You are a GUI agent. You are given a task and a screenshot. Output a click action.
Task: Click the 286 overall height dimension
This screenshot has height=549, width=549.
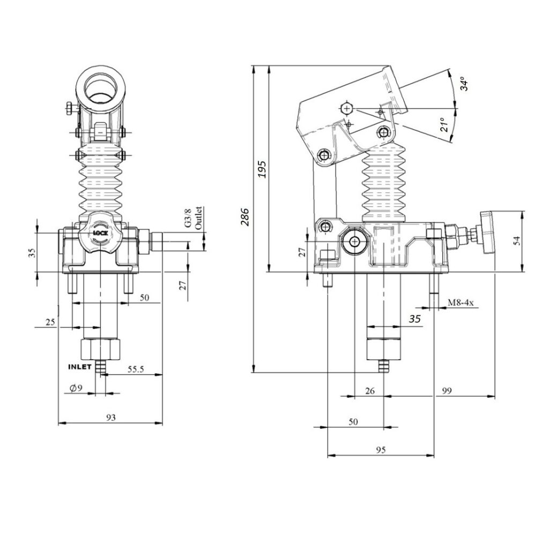pyautogui.click(x=244, y=217)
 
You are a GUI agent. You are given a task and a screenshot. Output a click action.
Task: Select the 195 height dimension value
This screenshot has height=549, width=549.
pyautogui.click(x=262, y=169)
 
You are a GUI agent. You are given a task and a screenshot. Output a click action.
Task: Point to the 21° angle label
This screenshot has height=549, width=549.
pyautogui.click(x=444, y=124)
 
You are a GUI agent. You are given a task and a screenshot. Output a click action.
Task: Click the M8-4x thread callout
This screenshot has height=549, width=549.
pyautogui.click(x=461, y=302)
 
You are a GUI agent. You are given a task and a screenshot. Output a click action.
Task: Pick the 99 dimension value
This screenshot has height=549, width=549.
pyautogui.click(x=447, y=390)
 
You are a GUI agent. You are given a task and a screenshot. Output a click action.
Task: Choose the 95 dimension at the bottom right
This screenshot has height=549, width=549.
pyautogui.click(x=381, y=450)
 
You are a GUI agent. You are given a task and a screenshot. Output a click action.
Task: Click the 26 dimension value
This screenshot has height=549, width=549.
pyautogui.click(x=370, y=390)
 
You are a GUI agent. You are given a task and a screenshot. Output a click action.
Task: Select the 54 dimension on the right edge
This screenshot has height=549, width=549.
pyautogui.click(x=516, y=241)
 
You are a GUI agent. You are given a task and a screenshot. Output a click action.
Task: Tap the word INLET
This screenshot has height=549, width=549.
pyautogui.click(x=79, y=367)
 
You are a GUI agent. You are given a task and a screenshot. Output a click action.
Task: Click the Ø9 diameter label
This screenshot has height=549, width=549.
pyautogui.click(x=76, y=388)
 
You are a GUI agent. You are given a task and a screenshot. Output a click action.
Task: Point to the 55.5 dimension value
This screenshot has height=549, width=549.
pyautogui.click(x=136, y=369)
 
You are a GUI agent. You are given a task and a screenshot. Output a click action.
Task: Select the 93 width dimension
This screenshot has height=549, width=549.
pyautogui.click(x=110, y=417)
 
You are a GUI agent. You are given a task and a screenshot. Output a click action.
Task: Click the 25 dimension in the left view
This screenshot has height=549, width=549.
pyautogui.click(x=50, y=322)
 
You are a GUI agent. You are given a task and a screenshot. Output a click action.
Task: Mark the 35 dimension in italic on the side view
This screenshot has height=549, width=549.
pyautogui.click(x=414, y=319)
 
